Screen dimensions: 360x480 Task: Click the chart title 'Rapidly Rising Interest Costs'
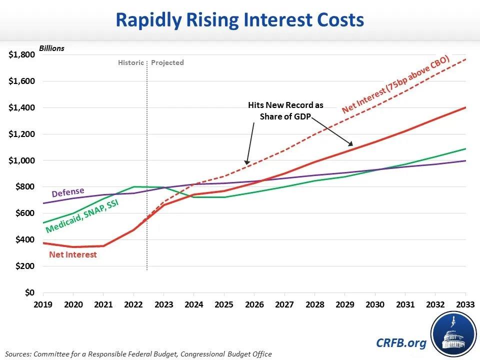(x=239, y=20)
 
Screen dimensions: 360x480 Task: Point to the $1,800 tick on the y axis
(x=21, y=55)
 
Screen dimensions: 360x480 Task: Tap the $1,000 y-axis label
(x=21, y=160)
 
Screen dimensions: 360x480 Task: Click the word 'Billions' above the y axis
(x=52, y=48)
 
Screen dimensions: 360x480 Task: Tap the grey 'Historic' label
(x=131, y=63)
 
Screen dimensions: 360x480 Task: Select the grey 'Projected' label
(x=167, y=63)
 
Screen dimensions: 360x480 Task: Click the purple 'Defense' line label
(x=68, y=192)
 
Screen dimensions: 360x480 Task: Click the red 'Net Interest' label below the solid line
(x=73, y=254)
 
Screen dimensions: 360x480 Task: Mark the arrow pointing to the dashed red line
(x=249, y=142)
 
